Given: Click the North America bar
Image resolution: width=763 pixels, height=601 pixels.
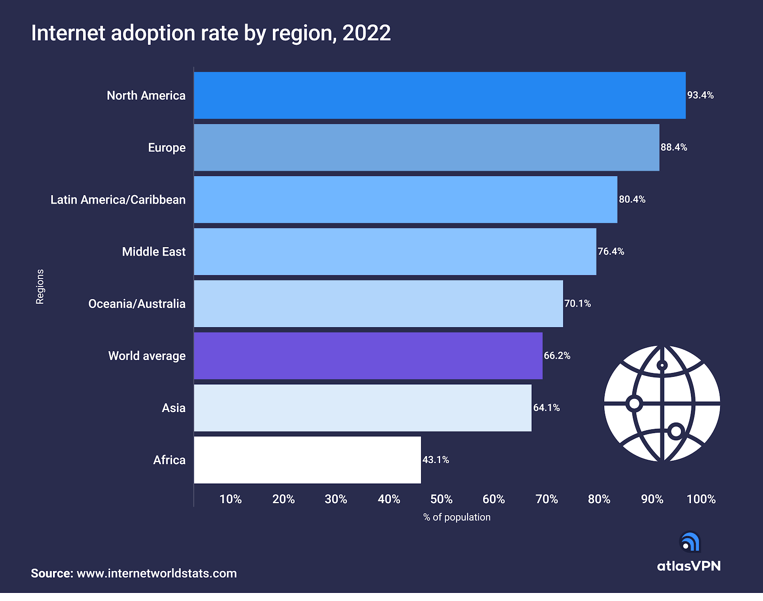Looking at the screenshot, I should [x=439, y=95].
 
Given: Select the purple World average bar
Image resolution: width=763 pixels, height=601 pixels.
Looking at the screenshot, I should [x=368, y=356].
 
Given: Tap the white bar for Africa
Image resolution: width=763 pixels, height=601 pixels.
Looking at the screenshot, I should [x=307, y=460].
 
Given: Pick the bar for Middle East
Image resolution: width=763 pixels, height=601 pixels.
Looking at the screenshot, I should [x=395, y=251].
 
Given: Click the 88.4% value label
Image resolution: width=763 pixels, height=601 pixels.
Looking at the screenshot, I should [x=673, y=147].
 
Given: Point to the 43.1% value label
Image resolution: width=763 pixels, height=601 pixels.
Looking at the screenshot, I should [x=435, y=460].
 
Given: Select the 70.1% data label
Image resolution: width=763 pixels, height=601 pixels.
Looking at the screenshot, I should [x=577, y=303].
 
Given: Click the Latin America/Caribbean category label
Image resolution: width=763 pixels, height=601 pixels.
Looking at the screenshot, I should [x=118, y=199].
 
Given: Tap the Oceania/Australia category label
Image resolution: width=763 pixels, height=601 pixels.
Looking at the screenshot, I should [x=137, y=304].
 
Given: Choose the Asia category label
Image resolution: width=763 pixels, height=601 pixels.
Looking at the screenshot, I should [x=174, y=408].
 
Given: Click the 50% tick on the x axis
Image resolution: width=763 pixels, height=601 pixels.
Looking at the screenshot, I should [x=441, y=499].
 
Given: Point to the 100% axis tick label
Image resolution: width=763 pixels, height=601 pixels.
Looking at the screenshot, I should [x=701, y=499].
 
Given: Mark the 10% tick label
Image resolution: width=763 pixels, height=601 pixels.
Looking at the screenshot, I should [x=230, y=499].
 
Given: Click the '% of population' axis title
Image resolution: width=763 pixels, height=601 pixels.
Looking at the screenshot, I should [x=456, y=517].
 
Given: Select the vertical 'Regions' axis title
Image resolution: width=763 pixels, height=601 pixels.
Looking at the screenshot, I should [x=40, y=286].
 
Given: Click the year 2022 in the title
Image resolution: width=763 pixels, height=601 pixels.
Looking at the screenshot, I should [x=366, y=33].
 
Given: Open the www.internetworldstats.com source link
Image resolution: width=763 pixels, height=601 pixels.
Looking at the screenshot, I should [x=156, y=573].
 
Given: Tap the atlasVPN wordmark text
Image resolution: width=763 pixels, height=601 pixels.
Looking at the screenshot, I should [x=689, y=566].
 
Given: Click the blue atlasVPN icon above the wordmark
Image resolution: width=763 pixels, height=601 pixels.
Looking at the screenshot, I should [x=690, y=542].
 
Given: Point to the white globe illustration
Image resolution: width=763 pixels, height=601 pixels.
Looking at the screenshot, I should [x=662, y=404].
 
